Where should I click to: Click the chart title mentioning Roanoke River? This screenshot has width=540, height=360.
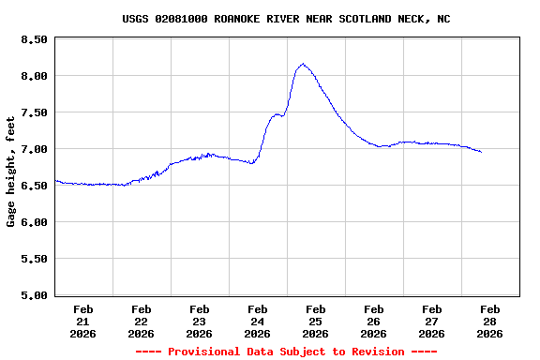point(286,19)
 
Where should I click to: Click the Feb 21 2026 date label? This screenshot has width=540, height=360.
point(83,321)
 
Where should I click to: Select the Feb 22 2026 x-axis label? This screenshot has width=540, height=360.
point(142,321)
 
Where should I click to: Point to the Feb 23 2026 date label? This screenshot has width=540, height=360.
point(200,321)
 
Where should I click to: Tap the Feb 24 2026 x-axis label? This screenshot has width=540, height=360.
point(258,321)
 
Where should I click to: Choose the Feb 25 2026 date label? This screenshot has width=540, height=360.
point(316,321)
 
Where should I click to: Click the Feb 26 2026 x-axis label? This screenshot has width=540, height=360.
point(374,321)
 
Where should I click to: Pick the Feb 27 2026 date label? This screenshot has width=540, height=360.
point(432,321)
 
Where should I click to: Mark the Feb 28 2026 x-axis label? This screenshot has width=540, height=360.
point(490,321)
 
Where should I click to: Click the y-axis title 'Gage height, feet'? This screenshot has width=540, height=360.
point(11,172)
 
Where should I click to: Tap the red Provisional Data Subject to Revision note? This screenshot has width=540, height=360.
point(286,352)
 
